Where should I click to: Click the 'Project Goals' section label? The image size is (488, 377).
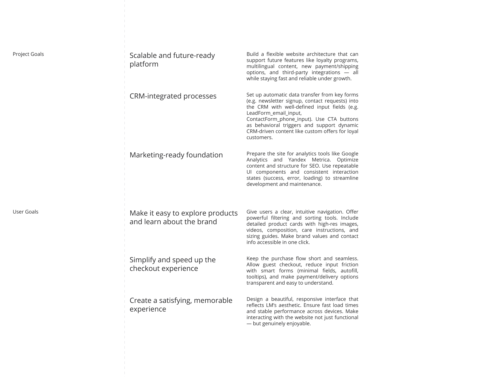[x=28, y=54]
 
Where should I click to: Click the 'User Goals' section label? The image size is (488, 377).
[x=25, y=212]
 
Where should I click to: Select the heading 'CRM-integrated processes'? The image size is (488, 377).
[x=173, y=96]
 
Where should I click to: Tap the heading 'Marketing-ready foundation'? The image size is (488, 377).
[x=176, y=155]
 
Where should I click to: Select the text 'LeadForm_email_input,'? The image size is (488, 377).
[x=274, y=113]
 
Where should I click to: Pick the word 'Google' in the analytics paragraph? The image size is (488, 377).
[x=350, y=154]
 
